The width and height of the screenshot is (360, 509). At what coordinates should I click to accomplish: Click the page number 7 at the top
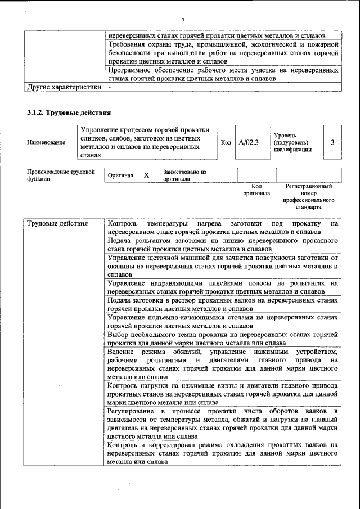(x=183, y=21)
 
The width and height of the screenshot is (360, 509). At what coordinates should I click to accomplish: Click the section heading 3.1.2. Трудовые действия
(x=68, y=112)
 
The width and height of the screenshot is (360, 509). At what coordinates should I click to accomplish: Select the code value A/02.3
(x=248, y=142)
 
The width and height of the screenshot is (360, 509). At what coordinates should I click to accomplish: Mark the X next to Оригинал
(x=146, y=175)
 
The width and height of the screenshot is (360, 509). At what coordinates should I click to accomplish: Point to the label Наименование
(x=46, y=143)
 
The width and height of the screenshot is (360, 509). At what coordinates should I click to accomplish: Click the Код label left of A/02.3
(x=226, y=142)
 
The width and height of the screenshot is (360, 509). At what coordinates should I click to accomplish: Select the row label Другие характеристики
(x=64, y=87)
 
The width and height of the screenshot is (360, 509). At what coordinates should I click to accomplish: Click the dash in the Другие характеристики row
(x=110, y=87)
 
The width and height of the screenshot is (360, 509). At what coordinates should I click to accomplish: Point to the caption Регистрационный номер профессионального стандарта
(x=308, y=196)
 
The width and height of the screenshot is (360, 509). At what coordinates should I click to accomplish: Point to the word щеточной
(x=170, y=258)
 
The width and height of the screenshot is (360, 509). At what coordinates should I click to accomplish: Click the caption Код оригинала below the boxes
(x=256, y=190)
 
